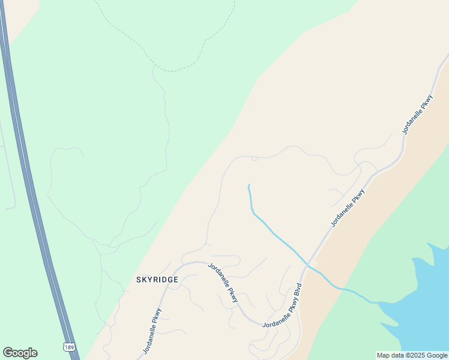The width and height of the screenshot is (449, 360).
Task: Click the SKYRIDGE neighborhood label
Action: click(157, 280)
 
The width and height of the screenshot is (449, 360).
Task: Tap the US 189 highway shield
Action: click(70, 347)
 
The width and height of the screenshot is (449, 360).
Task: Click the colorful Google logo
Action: click(20, 353)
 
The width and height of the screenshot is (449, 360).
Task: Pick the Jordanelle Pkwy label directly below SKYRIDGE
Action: click(152, 330)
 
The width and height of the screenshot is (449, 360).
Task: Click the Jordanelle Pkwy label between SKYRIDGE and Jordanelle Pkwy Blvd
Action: click(223, 282)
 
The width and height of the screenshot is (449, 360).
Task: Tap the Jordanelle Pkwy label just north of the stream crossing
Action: click(348, 208)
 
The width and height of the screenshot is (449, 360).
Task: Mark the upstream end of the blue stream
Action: click(249, 185)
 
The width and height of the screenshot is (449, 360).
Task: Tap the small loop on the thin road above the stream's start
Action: click(255, 159)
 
